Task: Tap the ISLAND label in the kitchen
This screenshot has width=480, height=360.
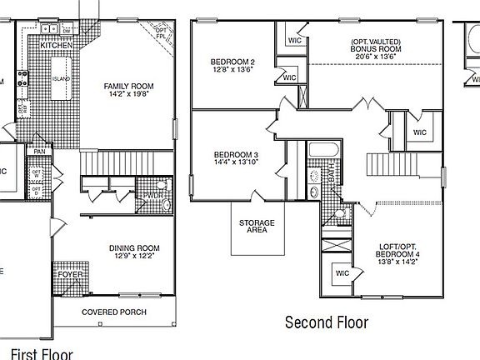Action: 61,78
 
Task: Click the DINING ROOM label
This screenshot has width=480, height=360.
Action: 134,247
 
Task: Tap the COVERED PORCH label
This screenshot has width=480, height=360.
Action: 113,312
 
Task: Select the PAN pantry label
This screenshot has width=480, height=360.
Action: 40,151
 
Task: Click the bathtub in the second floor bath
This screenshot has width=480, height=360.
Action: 322,151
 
